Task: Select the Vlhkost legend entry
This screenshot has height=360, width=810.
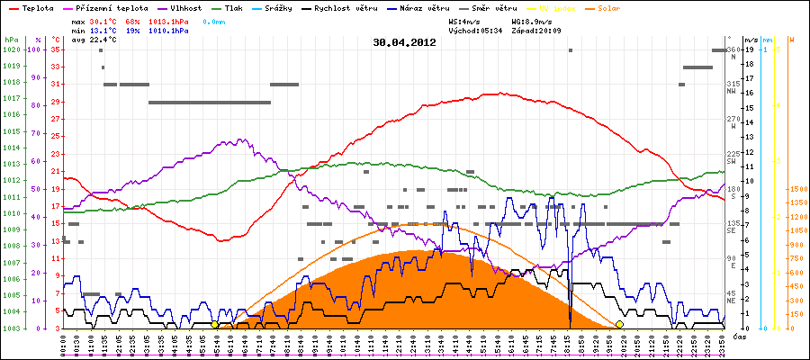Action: click(x=188, y=7)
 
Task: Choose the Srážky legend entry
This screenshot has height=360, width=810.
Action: click(x=281, y=7)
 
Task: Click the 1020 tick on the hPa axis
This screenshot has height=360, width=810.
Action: click(x=11, y=49)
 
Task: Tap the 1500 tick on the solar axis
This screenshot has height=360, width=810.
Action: click(x=796, y=189)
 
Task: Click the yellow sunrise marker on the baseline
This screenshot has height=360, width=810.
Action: click(x=214, y=324)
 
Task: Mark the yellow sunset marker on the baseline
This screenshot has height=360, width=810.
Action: click(x=619, y=324)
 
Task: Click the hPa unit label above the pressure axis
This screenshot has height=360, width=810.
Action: click(x=11, y=40)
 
